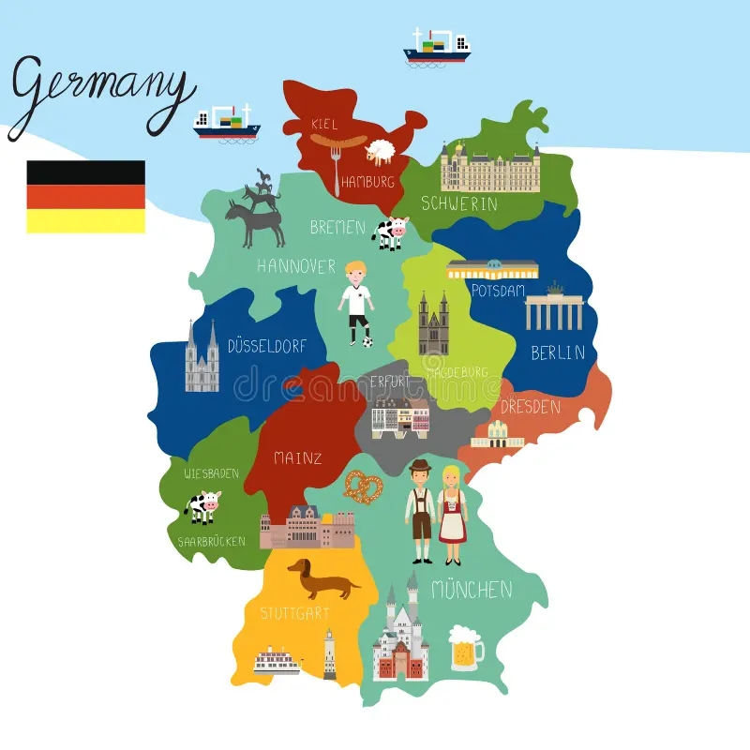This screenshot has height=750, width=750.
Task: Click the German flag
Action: click(85, 196)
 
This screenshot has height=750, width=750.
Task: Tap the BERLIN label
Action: click(557, 353)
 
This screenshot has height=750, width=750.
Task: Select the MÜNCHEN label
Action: click(472, 590)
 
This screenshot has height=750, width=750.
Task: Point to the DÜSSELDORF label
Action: click(266, 346)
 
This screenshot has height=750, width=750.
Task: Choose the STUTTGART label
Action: click(294, 613)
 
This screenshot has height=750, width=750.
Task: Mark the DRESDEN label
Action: click(530, 407)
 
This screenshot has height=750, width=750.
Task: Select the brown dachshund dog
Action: click(322, 578)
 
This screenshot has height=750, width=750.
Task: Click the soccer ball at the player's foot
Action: click(367, 341)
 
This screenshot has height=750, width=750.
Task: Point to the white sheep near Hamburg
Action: click(380, 150)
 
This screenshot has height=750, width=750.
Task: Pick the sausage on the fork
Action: click(337, 142)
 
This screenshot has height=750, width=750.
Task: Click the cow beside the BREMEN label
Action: click(390, 232)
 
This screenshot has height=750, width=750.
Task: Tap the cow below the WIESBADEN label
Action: click(202, 507)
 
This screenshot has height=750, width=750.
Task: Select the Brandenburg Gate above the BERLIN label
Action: click(554, 310)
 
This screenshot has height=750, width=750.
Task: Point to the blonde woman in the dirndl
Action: click(452, 514)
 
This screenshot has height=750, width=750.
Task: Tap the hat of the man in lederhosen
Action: click(420, 467)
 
